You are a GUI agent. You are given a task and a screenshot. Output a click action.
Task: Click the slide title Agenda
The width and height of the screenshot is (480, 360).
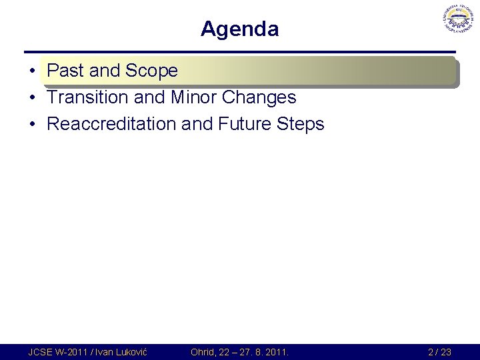coord(239,29)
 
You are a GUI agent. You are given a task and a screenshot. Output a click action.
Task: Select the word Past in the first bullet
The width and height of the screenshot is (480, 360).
coord(64,71)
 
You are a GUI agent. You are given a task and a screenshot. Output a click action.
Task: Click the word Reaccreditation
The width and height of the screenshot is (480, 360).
coord(113,124)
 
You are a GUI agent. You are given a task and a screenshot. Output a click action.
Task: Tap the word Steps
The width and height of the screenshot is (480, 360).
coord(299,124)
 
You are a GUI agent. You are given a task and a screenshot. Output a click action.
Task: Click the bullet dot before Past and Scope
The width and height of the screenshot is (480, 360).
coord(32,71)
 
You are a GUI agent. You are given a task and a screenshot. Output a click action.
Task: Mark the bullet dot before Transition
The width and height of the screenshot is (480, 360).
coord(32,98)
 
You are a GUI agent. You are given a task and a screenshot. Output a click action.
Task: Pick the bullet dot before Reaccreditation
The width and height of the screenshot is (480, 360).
coord(32,125)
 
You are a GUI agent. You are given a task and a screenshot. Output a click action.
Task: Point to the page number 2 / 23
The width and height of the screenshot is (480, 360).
coord(439,352)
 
